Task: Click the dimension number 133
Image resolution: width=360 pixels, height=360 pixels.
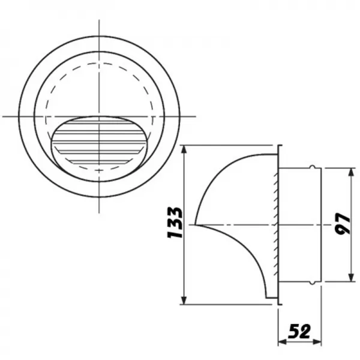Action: [x=175, y=222]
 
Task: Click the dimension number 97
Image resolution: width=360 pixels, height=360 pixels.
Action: [x=343, y=224]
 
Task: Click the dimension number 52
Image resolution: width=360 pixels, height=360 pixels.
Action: [x=299, y=331]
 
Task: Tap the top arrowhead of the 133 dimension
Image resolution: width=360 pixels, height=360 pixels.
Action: [x=184, y=149]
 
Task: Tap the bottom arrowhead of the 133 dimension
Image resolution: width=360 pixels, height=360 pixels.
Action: [x=184, y=300]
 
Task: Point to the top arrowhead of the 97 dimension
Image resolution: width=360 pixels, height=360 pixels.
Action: [x=351, y=172]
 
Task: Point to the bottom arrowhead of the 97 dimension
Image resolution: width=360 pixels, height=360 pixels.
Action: [x=351, y=277]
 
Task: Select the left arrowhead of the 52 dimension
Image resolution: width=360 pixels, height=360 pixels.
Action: [x=283, y=343]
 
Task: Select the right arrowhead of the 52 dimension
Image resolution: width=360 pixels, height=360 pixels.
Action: [x=317, y=343]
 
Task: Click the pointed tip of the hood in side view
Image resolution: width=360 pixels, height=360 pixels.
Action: [x=195, y=225]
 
